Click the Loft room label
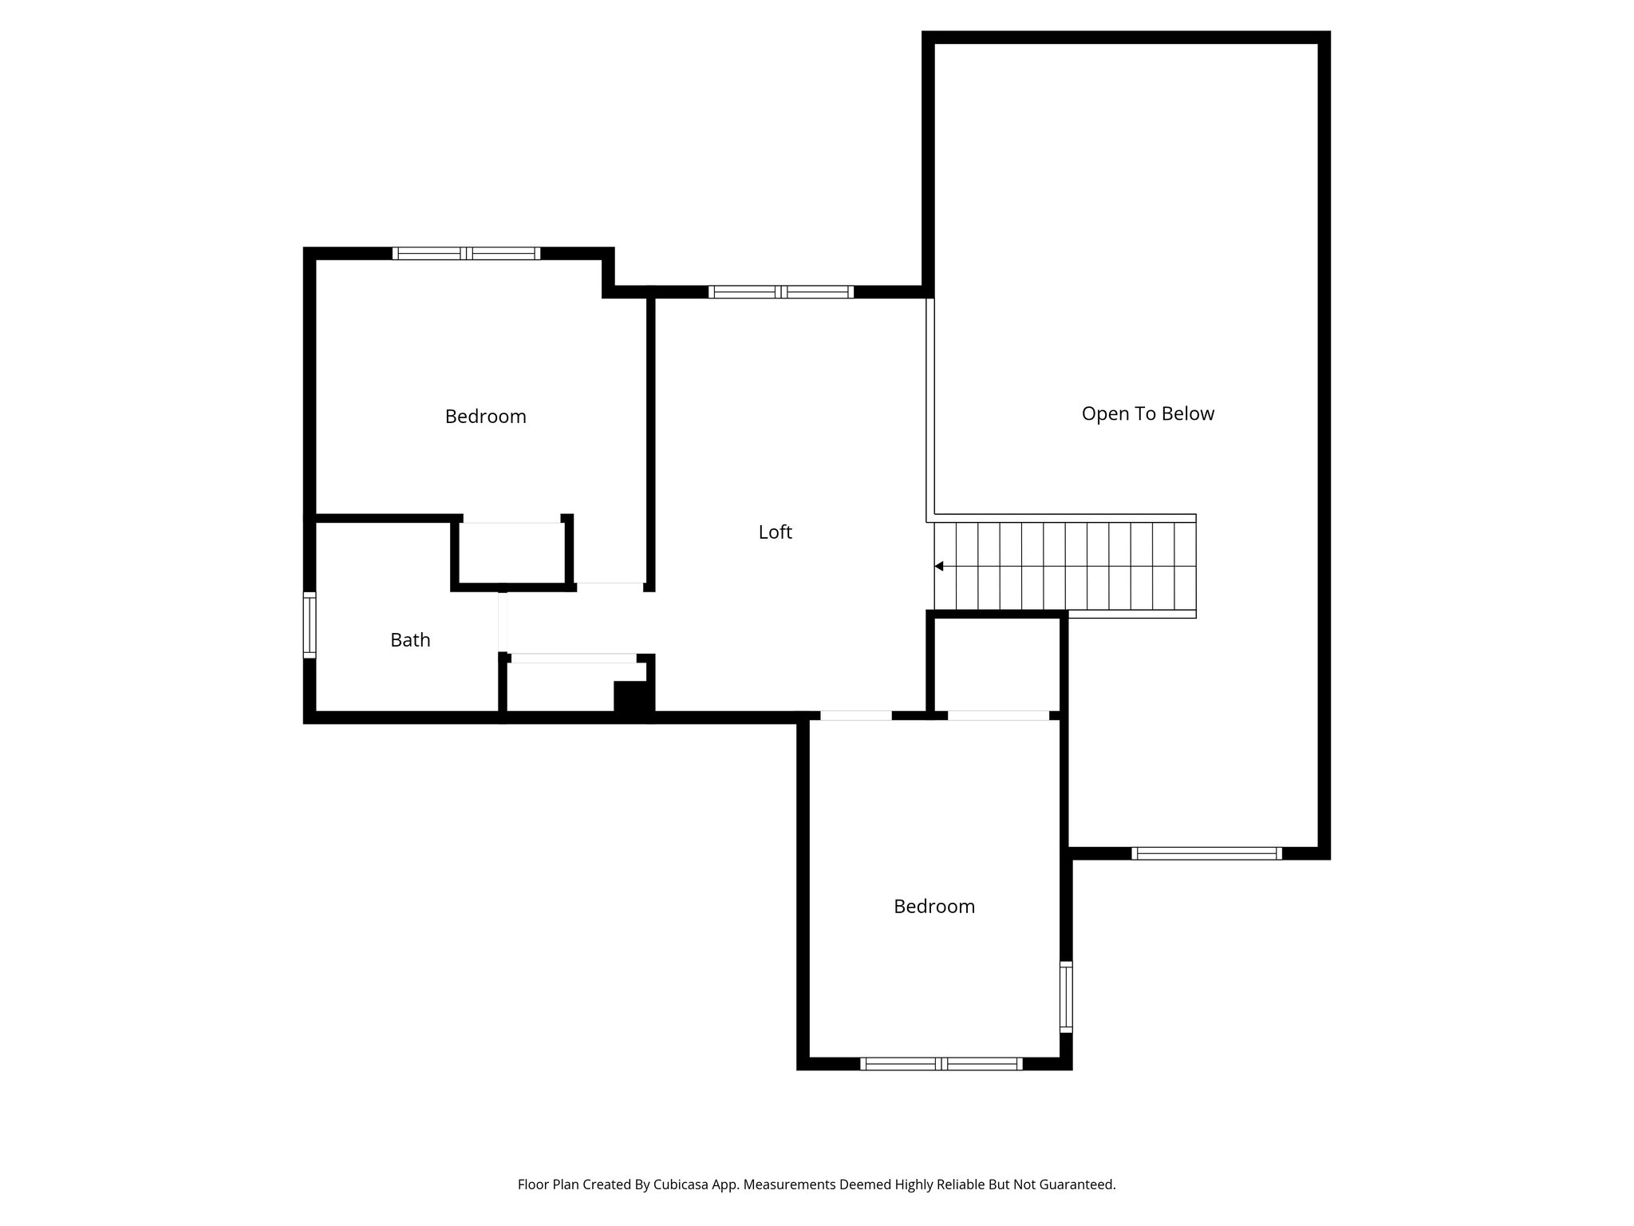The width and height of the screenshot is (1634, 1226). click(775, 532)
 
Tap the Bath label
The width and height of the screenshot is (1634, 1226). click(410, 640)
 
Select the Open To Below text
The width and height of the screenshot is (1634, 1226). click(1147, 413)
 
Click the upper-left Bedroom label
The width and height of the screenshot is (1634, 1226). click(485, 417)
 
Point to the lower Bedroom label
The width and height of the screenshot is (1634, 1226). click(933, 907)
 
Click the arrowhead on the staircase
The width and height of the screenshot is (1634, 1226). click(939, 567)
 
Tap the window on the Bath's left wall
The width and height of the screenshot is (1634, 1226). click(310, 625)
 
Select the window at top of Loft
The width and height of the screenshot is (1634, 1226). click(781, 292)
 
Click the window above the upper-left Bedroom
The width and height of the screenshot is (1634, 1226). click(466, 254)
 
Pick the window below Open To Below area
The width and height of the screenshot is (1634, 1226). click(1206, 853)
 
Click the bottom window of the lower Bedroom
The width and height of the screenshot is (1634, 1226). click(941, 1063)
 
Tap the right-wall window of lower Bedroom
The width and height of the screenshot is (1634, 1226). click(1066, 997)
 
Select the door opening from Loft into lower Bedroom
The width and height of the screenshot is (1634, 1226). click(855, 716)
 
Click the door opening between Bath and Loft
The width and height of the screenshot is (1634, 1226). click(503, 623)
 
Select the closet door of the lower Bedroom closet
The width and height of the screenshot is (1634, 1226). click(997, 716)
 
